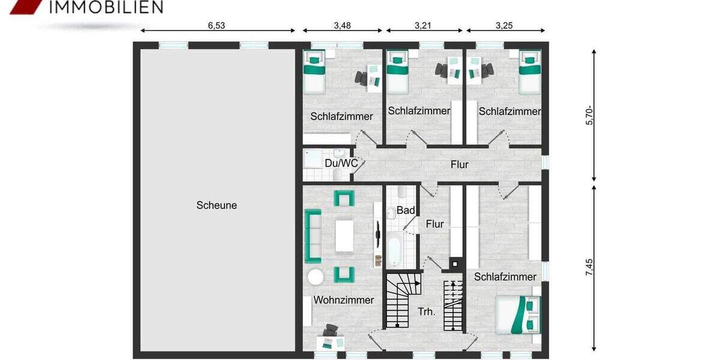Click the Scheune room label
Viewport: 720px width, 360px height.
coord(217,205)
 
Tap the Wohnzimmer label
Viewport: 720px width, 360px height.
coord(343,300)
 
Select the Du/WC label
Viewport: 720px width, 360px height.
coord(341,163)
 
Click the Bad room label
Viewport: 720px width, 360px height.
coord(406,211)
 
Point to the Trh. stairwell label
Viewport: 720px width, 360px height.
coord(427,312)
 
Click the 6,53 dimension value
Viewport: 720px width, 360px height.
coord(217,26)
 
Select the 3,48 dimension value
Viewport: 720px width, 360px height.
coord(342,26)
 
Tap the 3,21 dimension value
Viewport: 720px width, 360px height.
coord(424,26)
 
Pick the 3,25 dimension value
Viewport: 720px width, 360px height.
coord(505,26)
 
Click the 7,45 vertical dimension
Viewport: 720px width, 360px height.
coord(590,267)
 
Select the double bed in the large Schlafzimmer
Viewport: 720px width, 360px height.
coord(517,314)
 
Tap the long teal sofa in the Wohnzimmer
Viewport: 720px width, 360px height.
coord(313,236)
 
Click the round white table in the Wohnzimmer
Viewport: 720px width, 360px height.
coord(316,277)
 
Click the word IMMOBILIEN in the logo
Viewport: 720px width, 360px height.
coord(106,7)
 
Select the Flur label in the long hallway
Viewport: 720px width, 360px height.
coord(460,164)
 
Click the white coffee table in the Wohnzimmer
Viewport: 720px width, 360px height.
coord(344,236)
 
